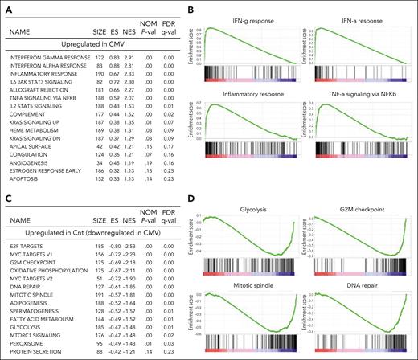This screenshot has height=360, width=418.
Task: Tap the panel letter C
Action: (x=7, y=186)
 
